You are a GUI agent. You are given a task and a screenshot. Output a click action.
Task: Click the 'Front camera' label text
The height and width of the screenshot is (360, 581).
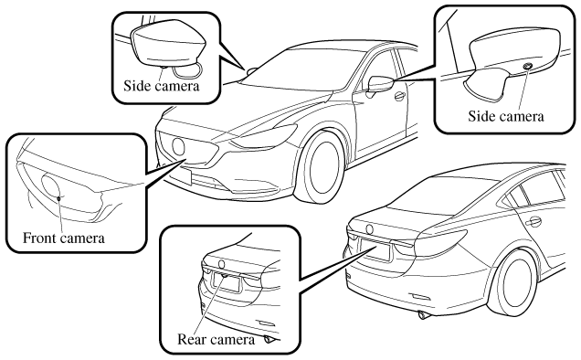[64, 238]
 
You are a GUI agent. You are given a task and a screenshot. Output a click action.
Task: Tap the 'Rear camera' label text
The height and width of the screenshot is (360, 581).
[216, 339]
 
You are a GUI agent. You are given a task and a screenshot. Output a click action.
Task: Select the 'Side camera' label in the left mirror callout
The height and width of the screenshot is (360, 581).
[162, 86]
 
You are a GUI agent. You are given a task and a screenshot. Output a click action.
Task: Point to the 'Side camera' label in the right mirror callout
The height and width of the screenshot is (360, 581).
[506, 116]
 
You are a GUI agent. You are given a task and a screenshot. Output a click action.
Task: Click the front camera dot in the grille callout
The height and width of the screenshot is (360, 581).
[58, 198]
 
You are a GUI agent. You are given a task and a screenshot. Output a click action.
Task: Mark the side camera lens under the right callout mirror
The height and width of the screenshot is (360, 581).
[527, 66]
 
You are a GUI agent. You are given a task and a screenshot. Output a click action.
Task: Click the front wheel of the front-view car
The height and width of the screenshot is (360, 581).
[320, 166]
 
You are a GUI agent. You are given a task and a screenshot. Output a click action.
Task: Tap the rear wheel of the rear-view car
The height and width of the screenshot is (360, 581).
[514, 281]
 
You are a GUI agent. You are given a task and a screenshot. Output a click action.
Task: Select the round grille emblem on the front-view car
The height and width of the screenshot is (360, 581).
[178, 146]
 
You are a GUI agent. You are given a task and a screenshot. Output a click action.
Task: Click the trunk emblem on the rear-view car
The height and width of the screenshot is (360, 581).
[369, 229]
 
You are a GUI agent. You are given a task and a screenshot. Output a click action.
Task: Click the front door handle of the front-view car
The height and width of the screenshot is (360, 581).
[399, 96]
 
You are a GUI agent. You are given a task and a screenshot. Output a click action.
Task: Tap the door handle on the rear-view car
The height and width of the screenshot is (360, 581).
[533, 222]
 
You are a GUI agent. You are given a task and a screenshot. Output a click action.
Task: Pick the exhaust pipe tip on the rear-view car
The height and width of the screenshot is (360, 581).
[424, 315]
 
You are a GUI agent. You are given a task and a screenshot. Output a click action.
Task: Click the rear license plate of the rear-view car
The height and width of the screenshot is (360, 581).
[375, 249]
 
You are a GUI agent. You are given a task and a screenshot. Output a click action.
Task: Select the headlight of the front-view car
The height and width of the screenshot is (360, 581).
[262, 136]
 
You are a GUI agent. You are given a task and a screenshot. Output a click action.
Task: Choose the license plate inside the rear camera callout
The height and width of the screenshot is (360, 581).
[226, 283]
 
